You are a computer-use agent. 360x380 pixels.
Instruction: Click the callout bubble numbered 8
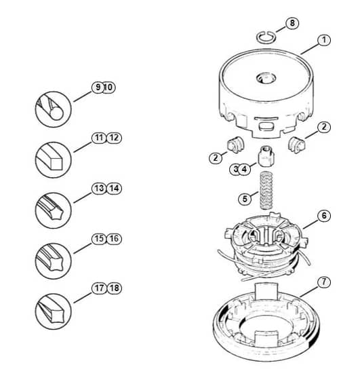(292, 23)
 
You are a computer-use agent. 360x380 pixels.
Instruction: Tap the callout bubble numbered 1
(324, 40)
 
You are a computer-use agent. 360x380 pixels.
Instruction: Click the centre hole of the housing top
(266, 78)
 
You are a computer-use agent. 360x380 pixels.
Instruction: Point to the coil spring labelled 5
(266, 190)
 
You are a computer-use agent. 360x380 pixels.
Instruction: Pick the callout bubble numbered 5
(245, 199)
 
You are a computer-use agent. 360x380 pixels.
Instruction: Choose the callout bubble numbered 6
(324, 216)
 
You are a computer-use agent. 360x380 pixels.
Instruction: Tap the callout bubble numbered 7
(324, 282)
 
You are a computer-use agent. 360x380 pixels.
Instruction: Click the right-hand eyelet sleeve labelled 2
(296, 145)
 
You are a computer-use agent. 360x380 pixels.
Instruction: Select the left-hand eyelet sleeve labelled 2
(235, 145)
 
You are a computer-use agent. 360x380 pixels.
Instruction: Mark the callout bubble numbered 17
(99, 288)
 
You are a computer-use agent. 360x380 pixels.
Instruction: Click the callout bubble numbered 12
(114, 138)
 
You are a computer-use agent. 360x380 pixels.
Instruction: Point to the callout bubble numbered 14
(114, 189)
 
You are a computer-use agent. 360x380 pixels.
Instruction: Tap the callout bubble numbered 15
(99, 238)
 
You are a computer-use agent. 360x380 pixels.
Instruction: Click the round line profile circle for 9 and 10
(54, 109)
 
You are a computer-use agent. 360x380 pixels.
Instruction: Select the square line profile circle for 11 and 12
(54, 159)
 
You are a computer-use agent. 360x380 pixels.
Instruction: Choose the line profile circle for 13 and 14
(54, 210)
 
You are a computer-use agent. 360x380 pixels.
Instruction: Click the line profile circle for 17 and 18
(54, 311)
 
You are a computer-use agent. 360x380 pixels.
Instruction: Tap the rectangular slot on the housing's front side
(266, 126)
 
